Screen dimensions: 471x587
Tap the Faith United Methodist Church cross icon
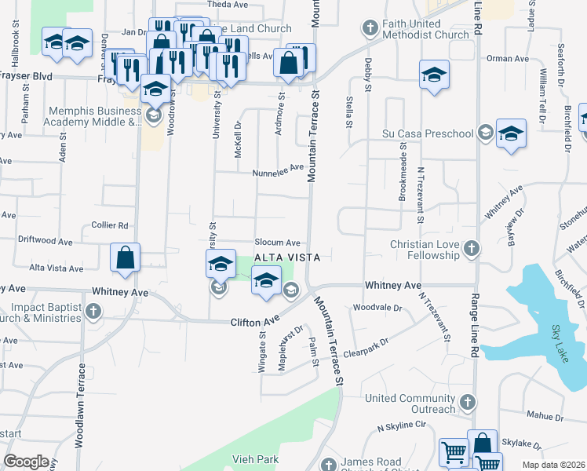[x=370, y=29]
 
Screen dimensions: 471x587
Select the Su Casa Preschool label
[x=428, y=133]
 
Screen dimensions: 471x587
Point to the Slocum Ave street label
[x=277, y=243]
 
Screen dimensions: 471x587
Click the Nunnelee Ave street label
[x=277, y=168]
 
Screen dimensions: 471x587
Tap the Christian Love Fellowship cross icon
[x=471, y=250]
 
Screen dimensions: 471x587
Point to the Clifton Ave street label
[x=255, y=322]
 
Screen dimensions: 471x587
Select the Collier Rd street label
[x=110, y=225]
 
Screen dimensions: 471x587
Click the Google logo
[x=26, y=461]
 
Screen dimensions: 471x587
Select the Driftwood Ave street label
[x=46, y=241]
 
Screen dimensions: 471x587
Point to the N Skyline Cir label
[x=401, y=427]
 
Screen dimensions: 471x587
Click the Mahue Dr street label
[x=546, y=416]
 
